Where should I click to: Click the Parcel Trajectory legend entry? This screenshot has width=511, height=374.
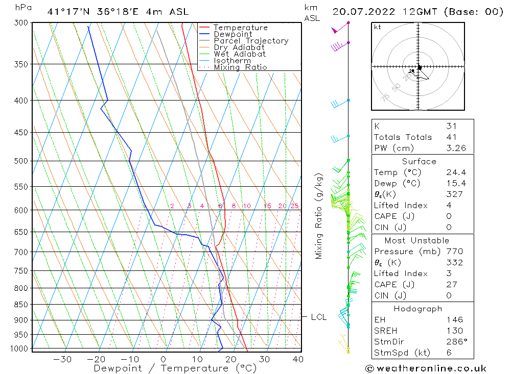point(251,41)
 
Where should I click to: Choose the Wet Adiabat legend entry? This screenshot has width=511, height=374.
point(240,54)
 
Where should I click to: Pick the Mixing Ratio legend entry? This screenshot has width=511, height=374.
point(240,67)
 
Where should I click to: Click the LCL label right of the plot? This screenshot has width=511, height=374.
point(318,317)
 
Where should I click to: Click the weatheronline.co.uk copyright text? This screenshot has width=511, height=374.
point(426,368)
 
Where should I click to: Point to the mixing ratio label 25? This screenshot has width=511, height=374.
point(294,206)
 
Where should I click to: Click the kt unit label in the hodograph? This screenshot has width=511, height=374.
point(377,27)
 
